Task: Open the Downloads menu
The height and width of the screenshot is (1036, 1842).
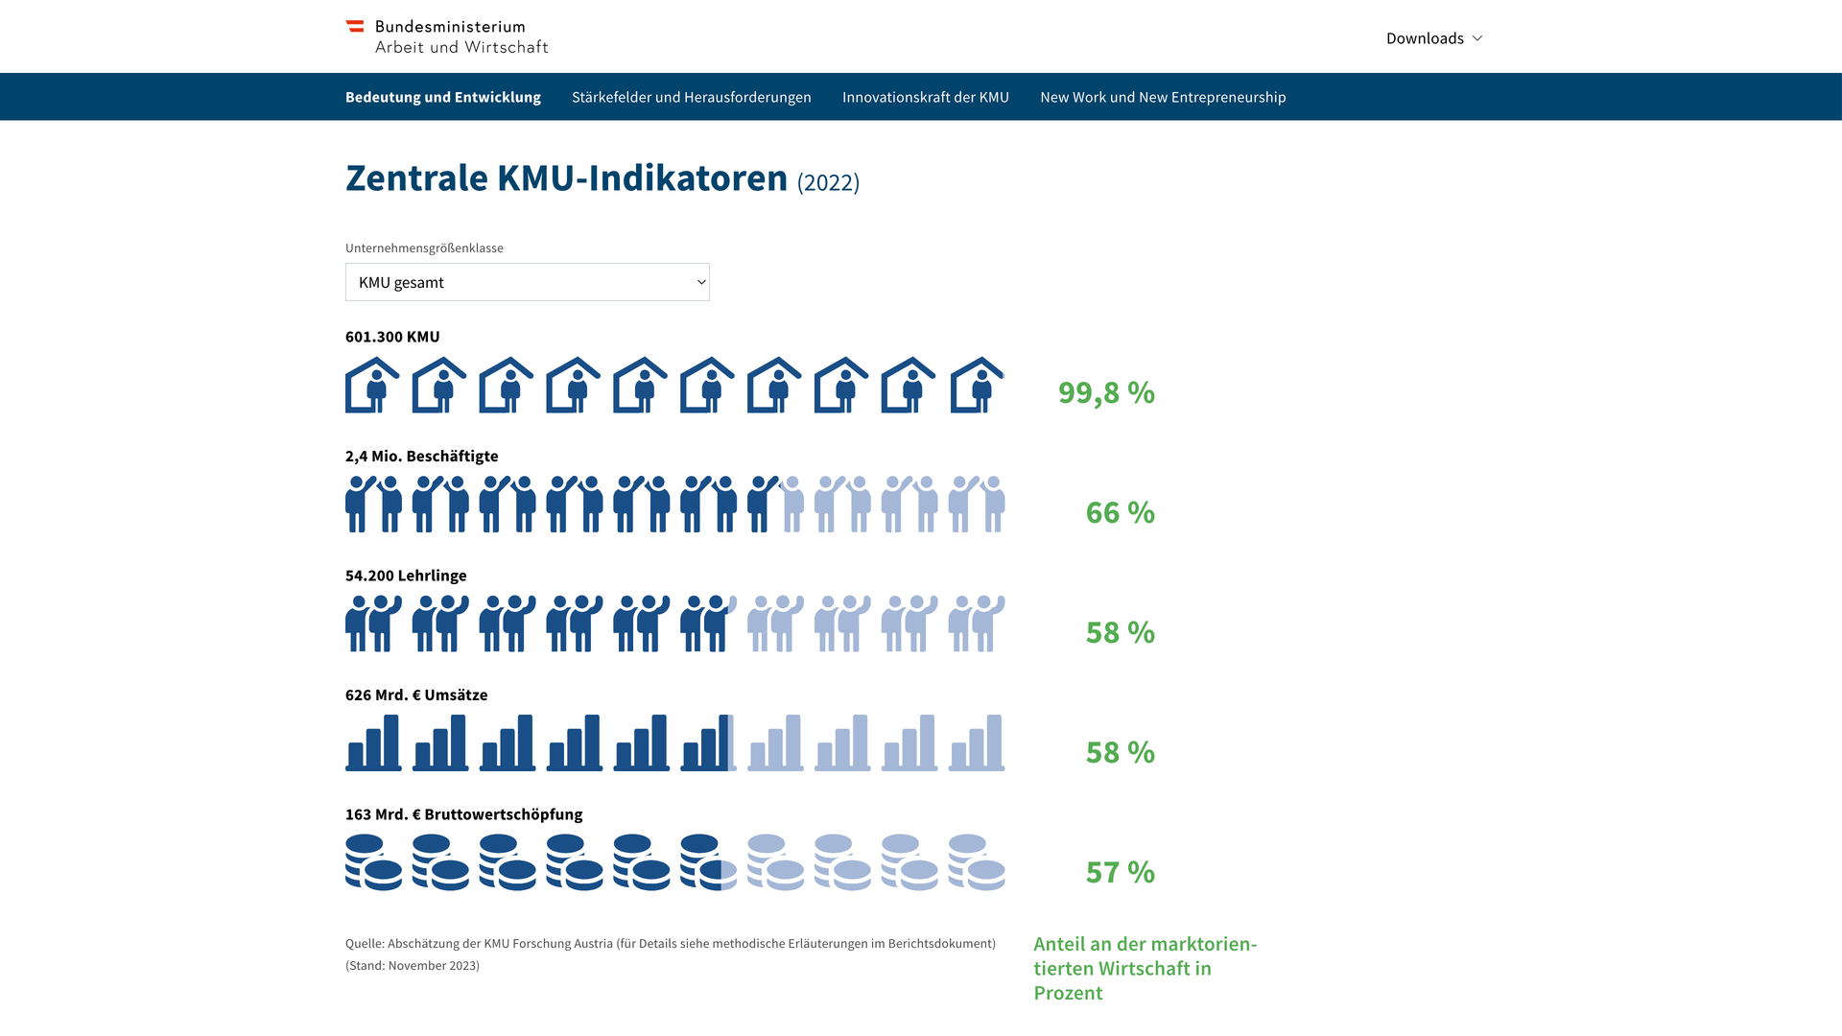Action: [1433, 38]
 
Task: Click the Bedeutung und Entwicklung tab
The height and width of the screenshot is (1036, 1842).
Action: [442, 97]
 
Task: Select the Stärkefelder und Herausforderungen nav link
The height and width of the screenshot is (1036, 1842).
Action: [691, 97]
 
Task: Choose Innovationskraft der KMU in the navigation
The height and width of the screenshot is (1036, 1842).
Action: [925, 97]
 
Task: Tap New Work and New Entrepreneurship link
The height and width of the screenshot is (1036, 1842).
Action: [1163, 97]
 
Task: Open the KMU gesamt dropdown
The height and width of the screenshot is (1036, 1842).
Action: [527, 282]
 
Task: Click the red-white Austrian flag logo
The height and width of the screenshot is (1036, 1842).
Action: [355, 27]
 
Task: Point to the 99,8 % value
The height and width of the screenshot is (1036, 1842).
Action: [1106, 392]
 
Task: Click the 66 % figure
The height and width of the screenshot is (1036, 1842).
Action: [1120, 512]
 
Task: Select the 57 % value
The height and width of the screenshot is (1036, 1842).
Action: [1120, 872]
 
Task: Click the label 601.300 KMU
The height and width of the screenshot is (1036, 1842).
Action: [392, 337]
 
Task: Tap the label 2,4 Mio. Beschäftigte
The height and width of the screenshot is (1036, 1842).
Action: [421, 456]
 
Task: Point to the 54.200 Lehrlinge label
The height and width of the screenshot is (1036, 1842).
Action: [406, 576]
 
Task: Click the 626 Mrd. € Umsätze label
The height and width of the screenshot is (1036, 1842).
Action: [416, 695]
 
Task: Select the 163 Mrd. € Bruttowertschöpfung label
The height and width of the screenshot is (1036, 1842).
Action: [463, 814]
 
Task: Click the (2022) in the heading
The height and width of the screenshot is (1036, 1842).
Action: [828, 182]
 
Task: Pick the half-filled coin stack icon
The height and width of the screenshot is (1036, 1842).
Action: [708, 862]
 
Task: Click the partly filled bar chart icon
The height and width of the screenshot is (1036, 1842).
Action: [708, 742]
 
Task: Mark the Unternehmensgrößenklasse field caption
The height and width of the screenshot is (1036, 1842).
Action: [424, 247]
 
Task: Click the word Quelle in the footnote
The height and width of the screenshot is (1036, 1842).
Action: [364, 944]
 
